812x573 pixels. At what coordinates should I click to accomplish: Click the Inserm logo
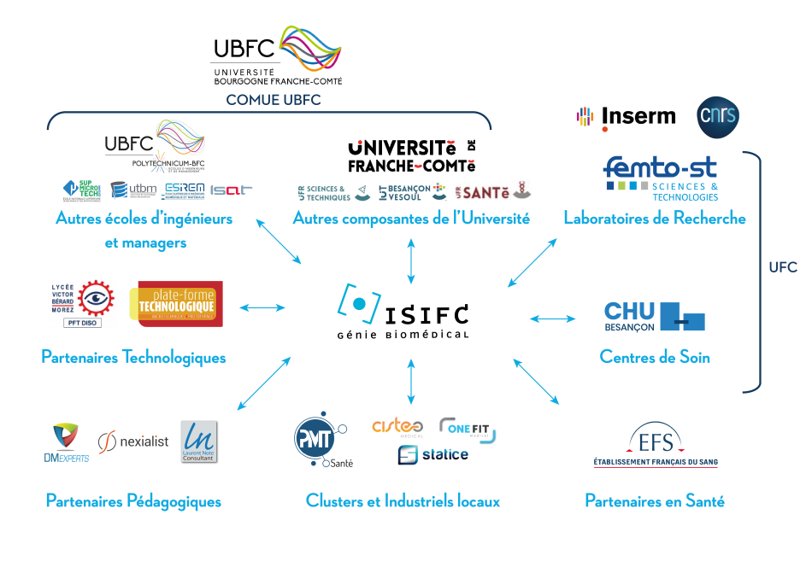tap(627, 117)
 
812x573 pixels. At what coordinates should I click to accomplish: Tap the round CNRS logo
tap(718, 116)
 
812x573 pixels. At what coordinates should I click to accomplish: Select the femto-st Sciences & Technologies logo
tap(661, 178)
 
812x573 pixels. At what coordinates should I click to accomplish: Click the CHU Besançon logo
tap(654, 317)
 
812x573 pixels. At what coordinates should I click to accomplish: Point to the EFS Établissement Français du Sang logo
tap(656, 447)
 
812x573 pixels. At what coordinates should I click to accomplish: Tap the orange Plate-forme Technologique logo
tap(176, 304)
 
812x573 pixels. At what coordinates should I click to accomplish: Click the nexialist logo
tap(133, 441)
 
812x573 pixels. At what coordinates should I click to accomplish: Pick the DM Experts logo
tap(66, 442)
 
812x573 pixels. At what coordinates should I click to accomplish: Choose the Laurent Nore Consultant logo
tap(198, 441)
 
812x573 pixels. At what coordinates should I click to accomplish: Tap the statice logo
tap(433, 454)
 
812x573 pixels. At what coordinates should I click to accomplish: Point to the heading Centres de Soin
tap(655, 357)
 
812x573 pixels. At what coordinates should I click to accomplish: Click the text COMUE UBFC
tap(273, 100)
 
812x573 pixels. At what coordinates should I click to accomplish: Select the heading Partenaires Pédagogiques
tap(133, 501)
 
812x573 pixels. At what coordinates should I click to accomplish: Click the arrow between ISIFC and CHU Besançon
tap(553, 319)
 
